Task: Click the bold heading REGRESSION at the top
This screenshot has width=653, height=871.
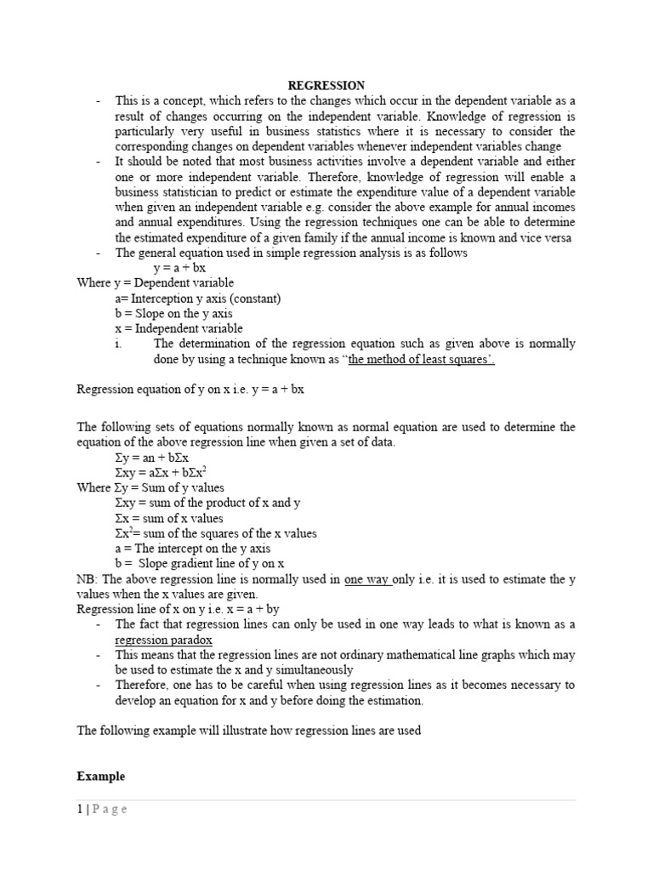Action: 326,85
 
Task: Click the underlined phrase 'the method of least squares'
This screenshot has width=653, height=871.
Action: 420,360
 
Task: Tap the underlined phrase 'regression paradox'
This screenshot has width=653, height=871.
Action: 164,640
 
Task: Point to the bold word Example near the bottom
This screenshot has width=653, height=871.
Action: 100,777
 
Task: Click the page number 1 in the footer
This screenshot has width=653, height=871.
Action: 80,809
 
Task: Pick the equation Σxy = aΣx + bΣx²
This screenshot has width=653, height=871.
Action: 168,472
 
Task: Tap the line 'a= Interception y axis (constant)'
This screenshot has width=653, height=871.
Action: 198,299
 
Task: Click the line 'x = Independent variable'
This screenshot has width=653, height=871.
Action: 179,328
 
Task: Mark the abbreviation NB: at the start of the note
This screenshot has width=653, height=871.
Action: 87,579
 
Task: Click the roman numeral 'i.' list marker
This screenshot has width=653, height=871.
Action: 118,344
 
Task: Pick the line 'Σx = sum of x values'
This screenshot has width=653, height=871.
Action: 169,518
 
